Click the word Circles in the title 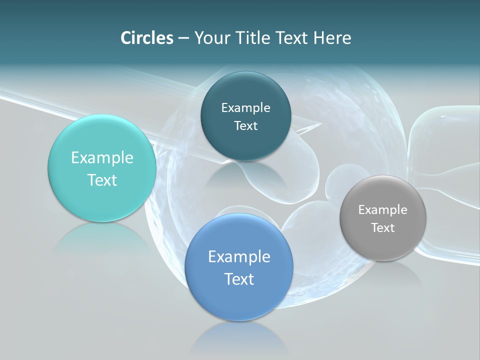click(147, 38)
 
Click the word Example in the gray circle click(383, 210)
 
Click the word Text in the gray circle click(383, 228)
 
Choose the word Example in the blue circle click(239, 257)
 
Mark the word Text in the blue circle click(239, 279)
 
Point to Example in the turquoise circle click(102, 158)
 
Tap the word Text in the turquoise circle click(102, 180)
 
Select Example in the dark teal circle click(245, 108)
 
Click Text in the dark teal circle click(245, 126)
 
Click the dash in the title click(183, 38)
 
